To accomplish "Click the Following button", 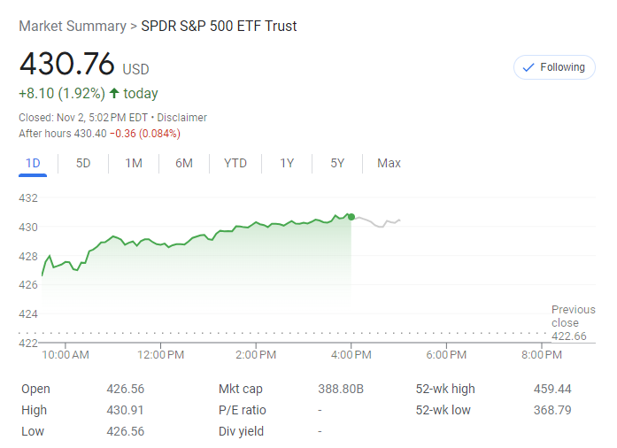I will [554, 67].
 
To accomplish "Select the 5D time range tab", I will [83, 163].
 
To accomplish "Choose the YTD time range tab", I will [235, 163].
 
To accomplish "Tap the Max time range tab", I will [389, 163].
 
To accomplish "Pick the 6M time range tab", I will [184, 163].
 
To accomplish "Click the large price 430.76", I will [67, 65].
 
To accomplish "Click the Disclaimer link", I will [182, 117].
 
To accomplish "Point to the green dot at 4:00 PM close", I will [351, 217].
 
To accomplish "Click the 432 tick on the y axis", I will [28, 197].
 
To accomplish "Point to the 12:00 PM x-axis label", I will [161, 355].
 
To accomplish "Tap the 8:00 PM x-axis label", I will [542, 355].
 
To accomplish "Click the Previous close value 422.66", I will [569, 336].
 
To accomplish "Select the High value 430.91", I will [125, 410].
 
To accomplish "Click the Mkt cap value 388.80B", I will [341, 389].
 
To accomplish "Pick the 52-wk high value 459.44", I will [552, 389].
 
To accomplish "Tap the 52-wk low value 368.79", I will [552, 410].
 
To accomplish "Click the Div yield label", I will [241, 431].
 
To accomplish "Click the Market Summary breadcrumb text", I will [72, 26].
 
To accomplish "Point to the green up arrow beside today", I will [114, 93].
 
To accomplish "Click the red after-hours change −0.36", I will [125, 134].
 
